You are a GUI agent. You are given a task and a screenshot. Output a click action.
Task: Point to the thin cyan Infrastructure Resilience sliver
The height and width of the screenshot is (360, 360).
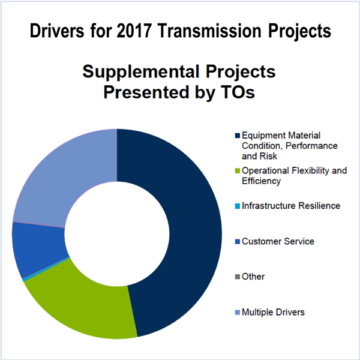coord(46,269)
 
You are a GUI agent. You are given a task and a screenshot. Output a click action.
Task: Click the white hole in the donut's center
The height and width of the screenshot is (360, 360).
coord(117,234)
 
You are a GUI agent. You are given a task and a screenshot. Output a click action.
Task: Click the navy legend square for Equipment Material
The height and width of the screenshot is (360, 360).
coord(238,136)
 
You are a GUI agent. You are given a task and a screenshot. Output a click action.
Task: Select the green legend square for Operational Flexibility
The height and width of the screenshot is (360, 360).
coord(238,171)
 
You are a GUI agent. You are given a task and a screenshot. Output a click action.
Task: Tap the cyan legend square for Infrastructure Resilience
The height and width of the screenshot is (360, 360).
coord(238,206)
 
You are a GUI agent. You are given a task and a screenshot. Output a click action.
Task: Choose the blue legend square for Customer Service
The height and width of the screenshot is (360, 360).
coord(238,242)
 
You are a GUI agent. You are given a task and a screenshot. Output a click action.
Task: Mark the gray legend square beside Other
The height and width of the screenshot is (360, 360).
coord(238,277)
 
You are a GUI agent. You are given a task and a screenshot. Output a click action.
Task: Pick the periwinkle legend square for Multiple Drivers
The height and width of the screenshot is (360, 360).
coord(238,312)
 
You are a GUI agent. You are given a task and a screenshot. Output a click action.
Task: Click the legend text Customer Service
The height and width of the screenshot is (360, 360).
coord(278,241)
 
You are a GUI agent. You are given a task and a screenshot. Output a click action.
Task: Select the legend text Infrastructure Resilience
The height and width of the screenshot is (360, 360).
coord(291,206)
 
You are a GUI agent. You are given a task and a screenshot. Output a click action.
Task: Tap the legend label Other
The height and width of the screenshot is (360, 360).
coord(253,277)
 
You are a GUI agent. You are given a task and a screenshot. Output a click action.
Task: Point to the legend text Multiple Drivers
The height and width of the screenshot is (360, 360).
coord(273,312)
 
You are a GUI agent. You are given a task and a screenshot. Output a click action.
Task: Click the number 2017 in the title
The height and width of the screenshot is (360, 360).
coord(134,31)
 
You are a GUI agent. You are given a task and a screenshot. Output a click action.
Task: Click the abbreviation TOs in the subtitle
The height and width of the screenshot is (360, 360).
coord(238,92)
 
